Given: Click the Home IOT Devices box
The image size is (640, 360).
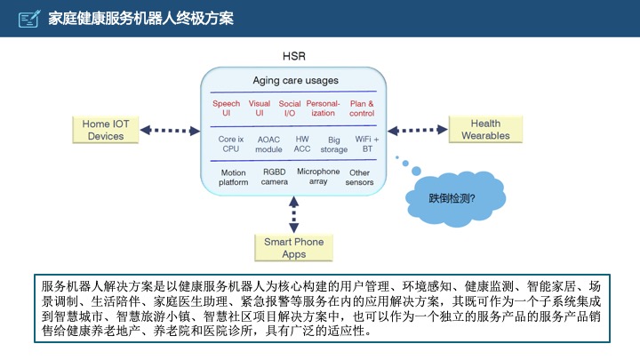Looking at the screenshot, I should click(x=106, y=130).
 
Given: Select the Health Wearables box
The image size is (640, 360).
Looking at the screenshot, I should click(x=485, y=130).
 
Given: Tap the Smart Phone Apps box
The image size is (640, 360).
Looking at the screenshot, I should click(x=293, y=248).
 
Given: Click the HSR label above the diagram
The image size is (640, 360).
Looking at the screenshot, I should click(x=293, y=56).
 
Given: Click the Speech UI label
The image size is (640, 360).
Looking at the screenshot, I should click(x=226, y=108).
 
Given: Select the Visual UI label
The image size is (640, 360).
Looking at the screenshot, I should click(x=259, y=108).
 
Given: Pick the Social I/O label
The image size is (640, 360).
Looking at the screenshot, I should click(x=290, y=108).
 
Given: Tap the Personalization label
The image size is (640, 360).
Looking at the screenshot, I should click(x=324, y=108).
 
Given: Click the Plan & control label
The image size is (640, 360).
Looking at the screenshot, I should click(x=362, y=108).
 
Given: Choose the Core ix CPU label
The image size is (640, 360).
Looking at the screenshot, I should click(x=231, y=144).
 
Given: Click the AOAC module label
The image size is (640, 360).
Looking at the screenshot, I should click(x=268, y=144).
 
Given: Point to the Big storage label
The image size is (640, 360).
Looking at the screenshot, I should click(x=333, y=145).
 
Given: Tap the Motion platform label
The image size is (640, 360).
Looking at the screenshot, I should click(x=233, y=177).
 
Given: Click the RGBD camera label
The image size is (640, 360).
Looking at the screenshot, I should click(x=274, y=177).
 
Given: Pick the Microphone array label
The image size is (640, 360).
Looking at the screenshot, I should click(x=318, y=176).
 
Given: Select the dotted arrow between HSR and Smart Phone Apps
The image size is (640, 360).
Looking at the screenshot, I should click(x=293, y=212).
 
